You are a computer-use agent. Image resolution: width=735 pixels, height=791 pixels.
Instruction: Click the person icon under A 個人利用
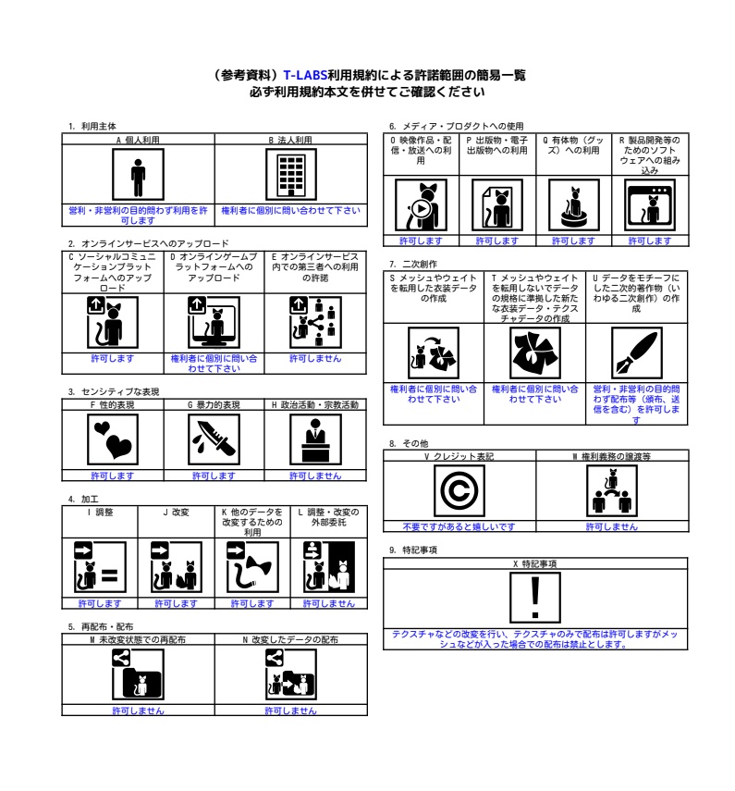(x=138, y=175)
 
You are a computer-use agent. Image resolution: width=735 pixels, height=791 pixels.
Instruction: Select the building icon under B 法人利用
(x=290, y=175)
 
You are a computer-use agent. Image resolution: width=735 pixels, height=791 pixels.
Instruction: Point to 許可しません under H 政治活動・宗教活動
(x=315, y=476)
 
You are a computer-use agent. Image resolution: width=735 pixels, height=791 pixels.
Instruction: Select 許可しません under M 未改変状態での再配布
(x=138, y=711)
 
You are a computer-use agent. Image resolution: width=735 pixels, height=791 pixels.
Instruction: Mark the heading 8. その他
(x=410, y=444)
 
